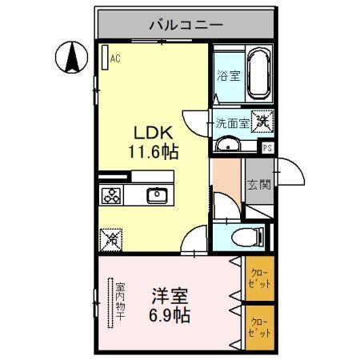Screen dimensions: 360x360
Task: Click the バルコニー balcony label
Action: tap(185, 25)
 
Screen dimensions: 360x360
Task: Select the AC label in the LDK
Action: tap(115, 58)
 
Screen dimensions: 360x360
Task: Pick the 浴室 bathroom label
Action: tap(228, 77)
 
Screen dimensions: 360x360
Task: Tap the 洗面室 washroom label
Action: tap(232, 123)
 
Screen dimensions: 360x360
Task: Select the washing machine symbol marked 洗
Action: tap(262, 122)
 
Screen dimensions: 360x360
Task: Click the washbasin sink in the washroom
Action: tap(228, 145)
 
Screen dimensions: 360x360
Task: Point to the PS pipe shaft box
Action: tap(267, 147)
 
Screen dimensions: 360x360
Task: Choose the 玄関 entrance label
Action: tap(258, 186)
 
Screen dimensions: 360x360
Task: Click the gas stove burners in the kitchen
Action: tap(111, 194)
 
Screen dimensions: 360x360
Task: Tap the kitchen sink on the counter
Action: tap(155, 194)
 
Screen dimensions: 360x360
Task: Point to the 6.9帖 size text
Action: tap(170, 314)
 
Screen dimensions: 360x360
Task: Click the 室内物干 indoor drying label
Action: tap(119, 302)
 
